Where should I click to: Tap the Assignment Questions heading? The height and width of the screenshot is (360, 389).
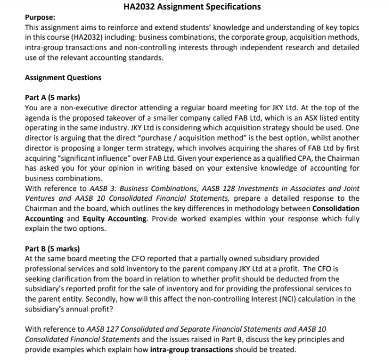[63, 77]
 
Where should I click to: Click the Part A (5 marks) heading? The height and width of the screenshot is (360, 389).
[52, 98]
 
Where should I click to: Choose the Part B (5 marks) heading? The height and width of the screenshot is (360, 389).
[52, 248]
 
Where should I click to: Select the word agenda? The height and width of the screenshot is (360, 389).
[39, 118]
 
